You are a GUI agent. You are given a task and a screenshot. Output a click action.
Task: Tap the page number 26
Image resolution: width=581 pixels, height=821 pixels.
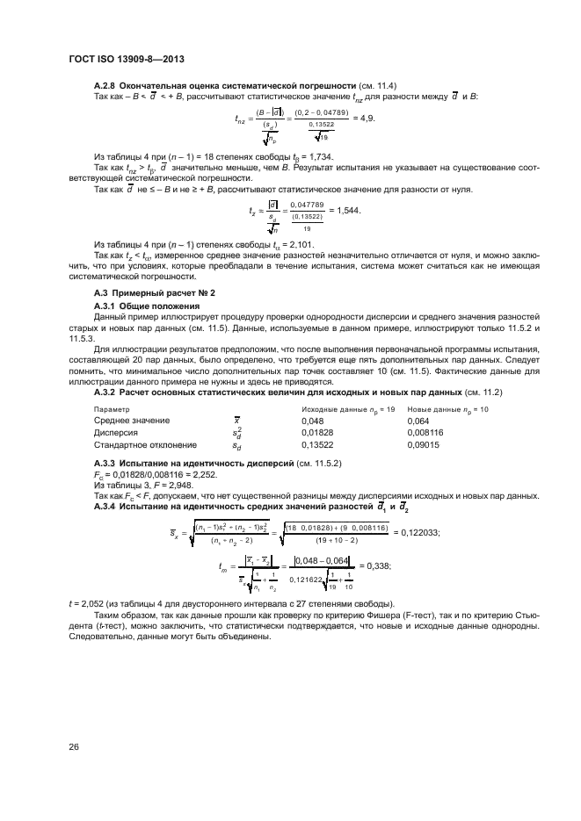tap(75, 748)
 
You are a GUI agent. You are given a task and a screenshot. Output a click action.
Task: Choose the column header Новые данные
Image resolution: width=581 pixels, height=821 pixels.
tap(440, 409)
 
